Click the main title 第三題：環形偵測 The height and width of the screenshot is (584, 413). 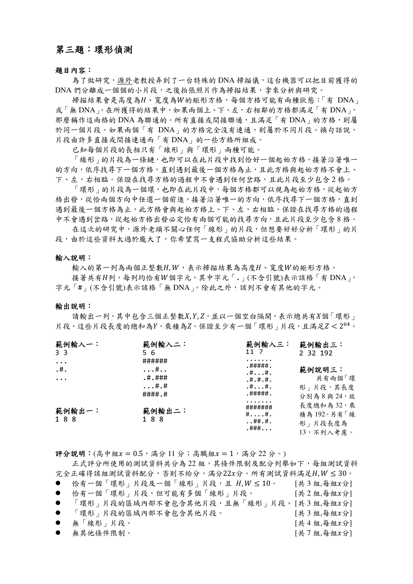pyautogui.click(x=94, y=50)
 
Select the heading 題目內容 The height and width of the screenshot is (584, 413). pyautogui.click(x=72, y=70)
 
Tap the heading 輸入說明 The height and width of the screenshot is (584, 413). pyautogui.click(x=72, y=258)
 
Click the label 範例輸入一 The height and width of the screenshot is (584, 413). pyautogui.click(x=76, y=345)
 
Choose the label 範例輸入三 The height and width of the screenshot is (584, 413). pyautogui.click(x=267, y=345)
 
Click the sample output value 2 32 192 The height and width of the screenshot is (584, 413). pyautogui.click(x=316, y=353)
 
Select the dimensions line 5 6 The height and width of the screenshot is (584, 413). pyautogui.click(x=149, y=353)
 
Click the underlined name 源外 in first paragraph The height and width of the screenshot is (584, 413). pyautogui.click(x=124, y=81)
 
